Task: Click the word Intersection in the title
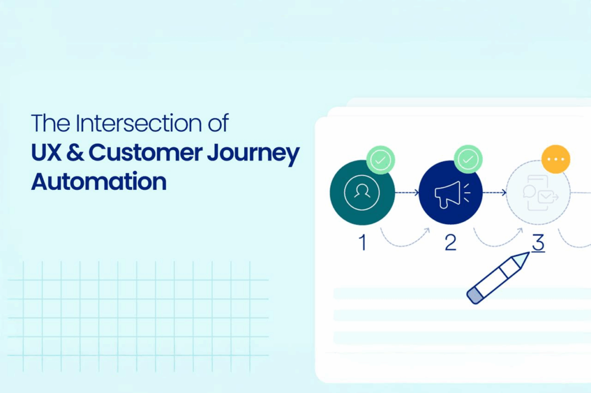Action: (x=139, y=123)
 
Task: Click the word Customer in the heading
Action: (x=145, y=152)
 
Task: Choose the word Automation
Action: (x=99, y=182)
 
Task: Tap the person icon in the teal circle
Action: (x=362, y=192)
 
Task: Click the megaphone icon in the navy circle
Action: (x=451, y=194)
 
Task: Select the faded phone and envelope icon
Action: (x=540, y=193)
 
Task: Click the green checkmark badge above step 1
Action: (x=381, y=160)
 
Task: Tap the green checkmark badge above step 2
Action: (x=468, y=160)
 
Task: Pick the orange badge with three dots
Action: (x=556, y=159)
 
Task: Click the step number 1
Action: (x=362, y=242)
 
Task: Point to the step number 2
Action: (x=450, y=242)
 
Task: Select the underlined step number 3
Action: (x=538, y=243)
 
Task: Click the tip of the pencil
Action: (x=529, y=253)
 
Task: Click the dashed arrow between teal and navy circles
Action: (x=407, y=193)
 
